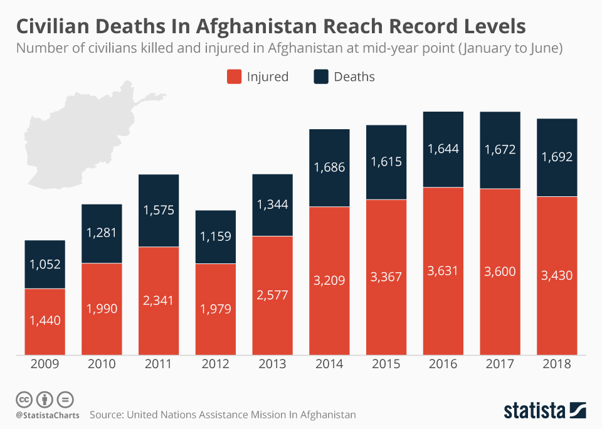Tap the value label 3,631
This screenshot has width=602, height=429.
tap(443, 270)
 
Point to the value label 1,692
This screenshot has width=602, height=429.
tap(557, 157)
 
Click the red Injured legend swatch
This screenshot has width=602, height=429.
tap(233, 77)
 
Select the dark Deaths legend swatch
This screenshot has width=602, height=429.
tap(320, 77)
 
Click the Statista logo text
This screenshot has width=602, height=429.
tap(534, 411)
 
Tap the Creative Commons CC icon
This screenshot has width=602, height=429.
tap(24, 400)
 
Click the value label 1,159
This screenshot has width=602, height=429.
tap(215, 236)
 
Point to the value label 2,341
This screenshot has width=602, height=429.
tap(159, 301)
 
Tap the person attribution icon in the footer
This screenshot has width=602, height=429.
tap(45, 400)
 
